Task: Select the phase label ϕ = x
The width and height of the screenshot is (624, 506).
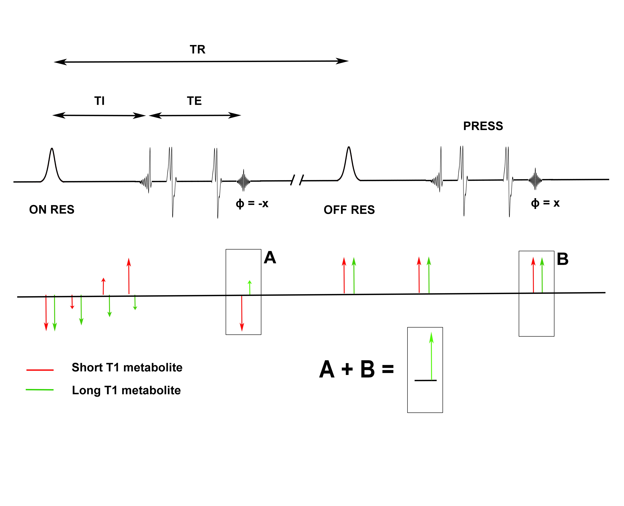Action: coord(545,203)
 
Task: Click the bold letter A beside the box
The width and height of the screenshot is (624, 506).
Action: coord(270,258)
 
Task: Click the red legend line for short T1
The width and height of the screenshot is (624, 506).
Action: coord(40,370)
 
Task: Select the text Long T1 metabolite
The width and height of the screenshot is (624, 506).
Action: coord(126,390)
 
